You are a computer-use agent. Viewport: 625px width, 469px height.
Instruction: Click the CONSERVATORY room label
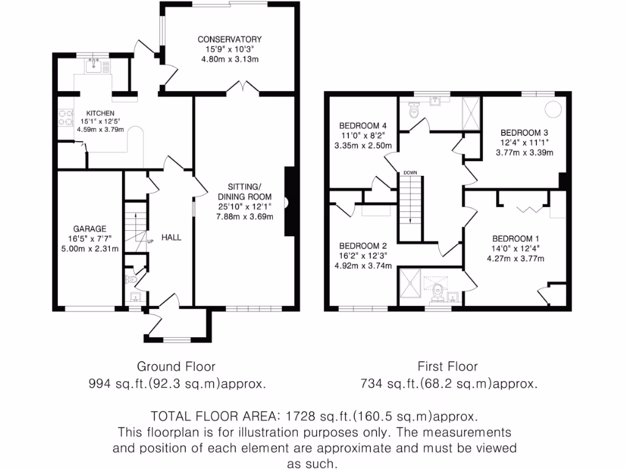point(229,40)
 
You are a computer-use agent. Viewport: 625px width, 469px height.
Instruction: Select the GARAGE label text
point(85,229)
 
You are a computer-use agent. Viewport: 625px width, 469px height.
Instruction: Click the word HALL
point(171,237)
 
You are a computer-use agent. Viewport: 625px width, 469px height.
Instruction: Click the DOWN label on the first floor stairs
point(410,173)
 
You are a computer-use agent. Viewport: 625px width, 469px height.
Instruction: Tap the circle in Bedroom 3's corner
point(552,109)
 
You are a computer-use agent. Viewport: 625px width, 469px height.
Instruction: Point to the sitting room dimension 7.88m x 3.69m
point(245,216)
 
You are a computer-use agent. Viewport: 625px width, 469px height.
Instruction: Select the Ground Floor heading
point(176,366)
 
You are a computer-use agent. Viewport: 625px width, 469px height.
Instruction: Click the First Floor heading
point(447,366)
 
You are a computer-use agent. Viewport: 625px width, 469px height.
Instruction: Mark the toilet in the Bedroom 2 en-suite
point(437,294)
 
